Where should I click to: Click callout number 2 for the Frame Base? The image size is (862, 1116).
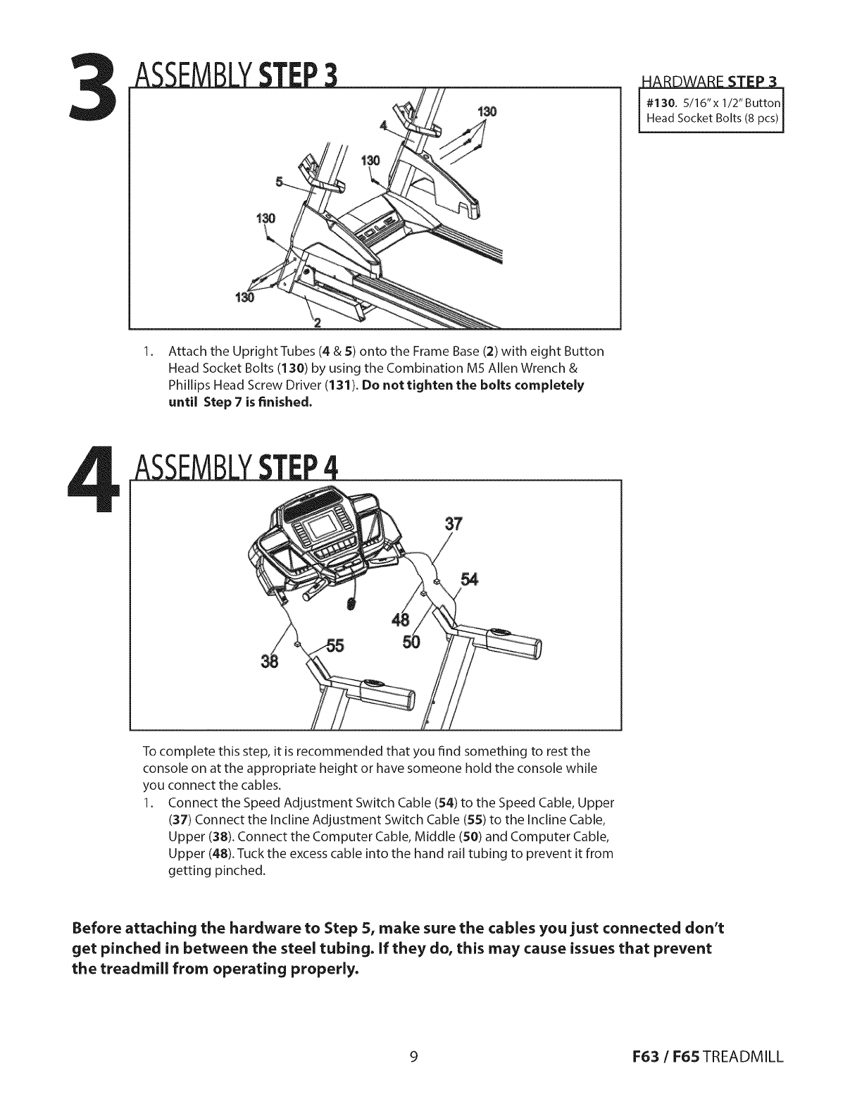tap(317, 323)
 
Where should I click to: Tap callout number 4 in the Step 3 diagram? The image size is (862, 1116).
tap(383, 126)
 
